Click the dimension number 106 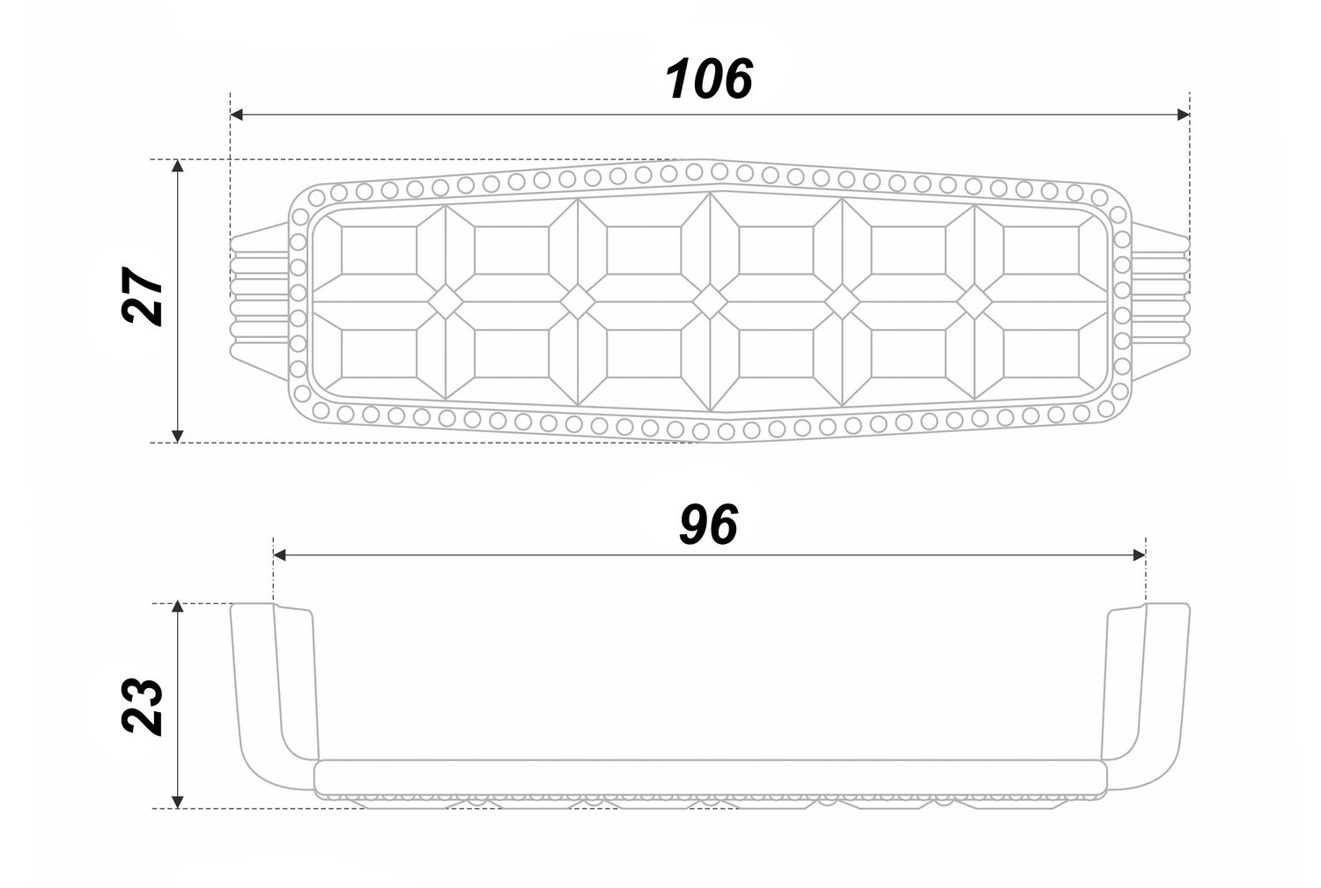709,79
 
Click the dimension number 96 708,525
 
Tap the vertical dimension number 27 142,296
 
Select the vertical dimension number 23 142,707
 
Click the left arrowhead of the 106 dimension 237,114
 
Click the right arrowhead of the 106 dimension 1183,114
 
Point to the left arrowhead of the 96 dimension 280,555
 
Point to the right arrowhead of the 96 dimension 1140,555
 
